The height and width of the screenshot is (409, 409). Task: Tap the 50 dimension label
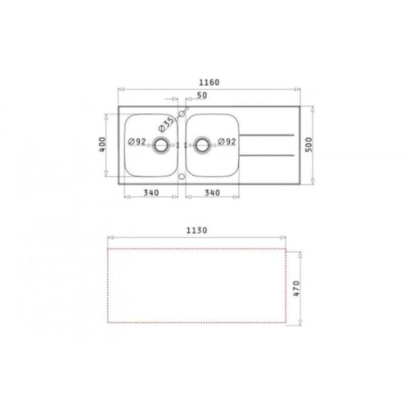[200, 97]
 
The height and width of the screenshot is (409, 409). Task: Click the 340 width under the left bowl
[151, 194]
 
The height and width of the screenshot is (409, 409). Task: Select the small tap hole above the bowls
[182, 113]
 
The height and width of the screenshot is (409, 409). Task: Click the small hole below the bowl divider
[182, 175]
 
